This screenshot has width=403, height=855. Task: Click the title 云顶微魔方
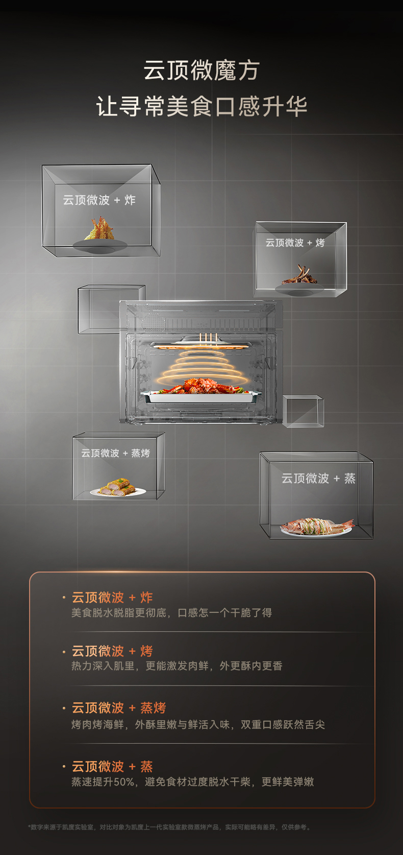[202, 70]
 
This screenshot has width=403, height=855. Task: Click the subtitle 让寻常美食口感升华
[202, 107]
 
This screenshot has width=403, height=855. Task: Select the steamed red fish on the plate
[317, 526]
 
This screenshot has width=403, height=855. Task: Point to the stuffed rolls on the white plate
[117, 487]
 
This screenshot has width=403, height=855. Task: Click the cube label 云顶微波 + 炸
[99, 200]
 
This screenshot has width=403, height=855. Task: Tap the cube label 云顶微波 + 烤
[295, 243]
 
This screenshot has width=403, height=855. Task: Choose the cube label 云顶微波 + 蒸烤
[115, 453]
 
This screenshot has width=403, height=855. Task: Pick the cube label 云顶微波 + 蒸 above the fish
[318, 479]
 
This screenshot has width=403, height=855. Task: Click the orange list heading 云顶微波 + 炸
[112, 597]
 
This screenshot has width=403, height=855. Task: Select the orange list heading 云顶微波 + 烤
[112, 651]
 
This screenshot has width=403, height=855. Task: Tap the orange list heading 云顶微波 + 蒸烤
[119, 707]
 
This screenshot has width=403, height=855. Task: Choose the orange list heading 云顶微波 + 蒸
[112, 766]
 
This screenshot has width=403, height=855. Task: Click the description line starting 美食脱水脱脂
[171, 612]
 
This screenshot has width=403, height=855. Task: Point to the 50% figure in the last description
[123, 781]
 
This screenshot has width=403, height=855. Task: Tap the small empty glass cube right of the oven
[303, 411]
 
